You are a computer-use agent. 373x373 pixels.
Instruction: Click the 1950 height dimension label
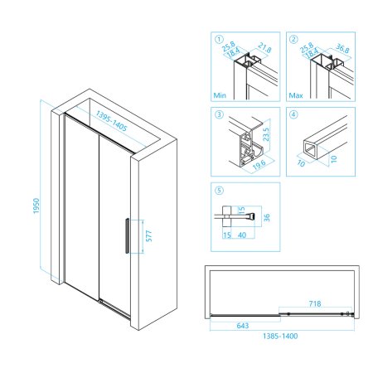point(36,206)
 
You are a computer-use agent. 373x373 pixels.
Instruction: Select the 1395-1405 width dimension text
point(111,121)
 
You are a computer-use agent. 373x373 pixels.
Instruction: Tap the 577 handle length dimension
point(148,236)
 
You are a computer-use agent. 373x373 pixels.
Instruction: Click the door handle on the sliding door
point(127,235)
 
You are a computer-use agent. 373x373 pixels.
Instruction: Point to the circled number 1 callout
point(219,39)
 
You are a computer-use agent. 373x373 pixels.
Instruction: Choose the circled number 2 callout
point(293,39)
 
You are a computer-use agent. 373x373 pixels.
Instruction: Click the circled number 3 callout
point(219,114)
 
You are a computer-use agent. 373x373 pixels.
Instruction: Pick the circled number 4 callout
point(293,114)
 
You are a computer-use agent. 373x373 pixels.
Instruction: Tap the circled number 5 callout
point(219,190)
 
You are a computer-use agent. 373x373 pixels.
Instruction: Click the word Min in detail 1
point(220,95)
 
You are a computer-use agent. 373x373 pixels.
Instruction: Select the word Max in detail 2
point(296,95)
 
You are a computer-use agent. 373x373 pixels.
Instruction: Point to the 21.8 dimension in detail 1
point(264,48)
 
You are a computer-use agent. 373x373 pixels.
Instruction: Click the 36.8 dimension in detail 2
point(342,48)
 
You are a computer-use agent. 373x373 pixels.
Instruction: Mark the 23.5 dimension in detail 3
point(266,134)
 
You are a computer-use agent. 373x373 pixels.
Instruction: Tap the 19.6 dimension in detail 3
point(259,164)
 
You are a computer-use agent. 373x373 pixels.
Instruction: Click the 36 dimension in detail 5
point(267,218)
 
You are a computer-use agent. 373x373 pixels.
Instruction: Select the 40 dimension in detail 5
point(242,235)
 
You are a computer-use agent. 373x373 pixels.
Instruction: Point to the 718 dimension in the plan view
point(315,303)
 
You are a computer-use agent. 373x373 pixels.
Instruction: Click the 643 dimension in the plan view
point(243,326)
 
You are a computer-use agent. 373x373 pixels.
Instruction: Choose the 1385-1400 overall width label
point(280,337)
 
